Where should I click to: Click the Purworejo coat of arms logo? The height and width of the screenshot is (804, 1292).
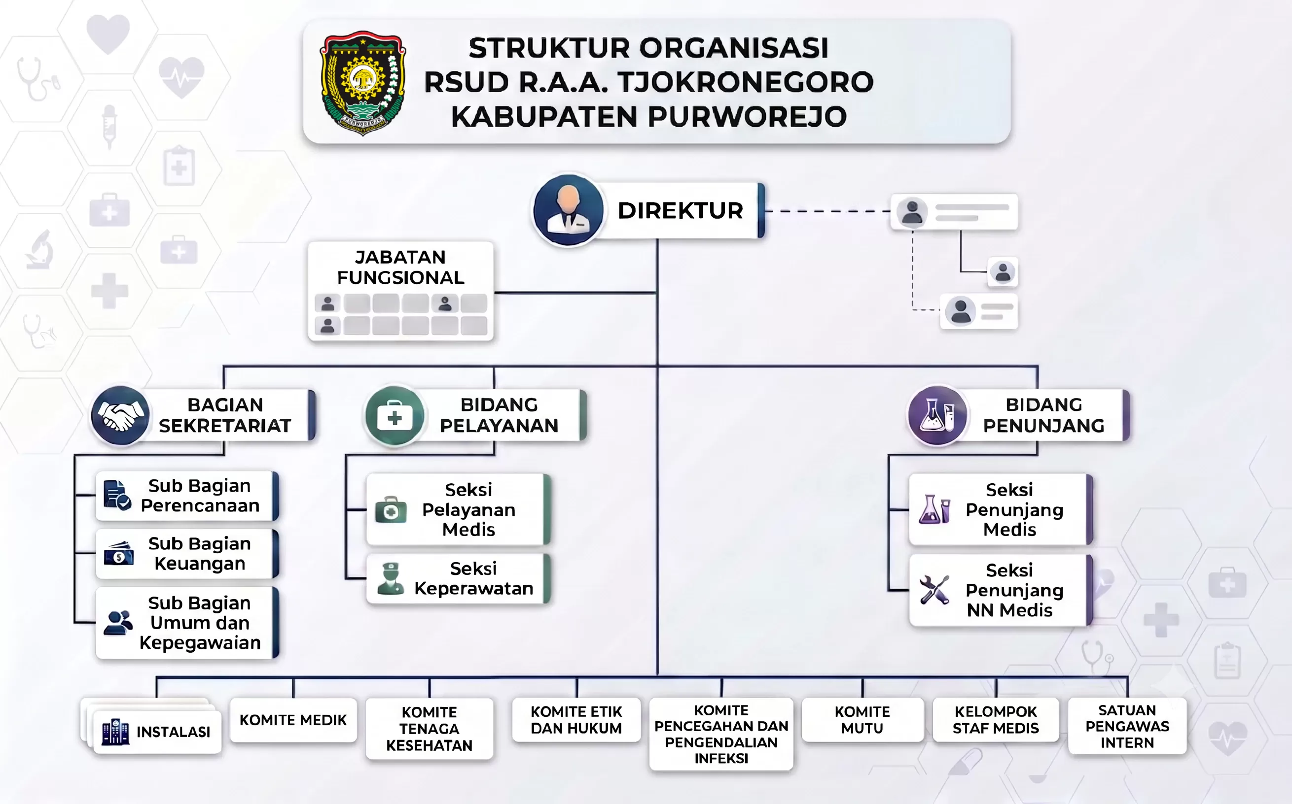point(363,82)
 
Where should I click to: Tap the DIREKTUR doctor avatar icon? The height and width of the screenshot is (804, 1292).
point(568,210)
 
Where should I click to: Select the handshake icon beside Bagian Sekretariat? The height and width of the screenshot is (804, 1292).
point(120,415)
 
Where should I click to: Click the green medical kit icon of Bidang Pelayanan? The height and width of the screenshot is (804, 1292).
point(395,415)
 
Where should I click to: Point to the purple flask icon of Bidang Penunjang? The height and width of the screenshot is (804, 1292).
point(937,415)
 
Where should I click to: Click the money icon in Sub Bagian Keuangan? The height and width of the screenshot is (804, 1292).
point(119,554)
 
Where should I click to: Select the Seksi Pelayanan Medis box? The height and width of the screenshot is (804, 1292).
point(458,509)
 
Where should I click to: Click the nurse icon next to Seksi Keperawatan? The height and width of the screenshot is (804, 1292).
point(391,578)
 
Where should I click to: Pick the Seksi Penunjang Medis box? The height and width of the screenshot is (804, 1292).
point(1001,509)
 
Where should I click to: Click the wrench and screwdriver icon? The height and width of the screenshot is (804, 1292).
point(934,590)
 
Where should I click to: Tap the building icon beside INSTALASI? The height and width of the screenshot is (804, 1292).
point(115,732)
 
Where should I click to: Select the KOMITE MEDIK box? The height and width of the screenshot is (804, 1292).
point(293,720)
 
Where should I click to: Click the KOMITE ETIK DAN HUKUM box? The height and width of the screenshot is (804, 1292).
point(576,719)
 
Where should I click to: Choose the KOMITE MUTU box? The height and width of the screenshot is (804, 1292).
point(862,719)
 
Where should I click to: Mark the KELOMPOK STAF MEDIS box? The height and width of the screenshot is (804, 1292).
point(996,719)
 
